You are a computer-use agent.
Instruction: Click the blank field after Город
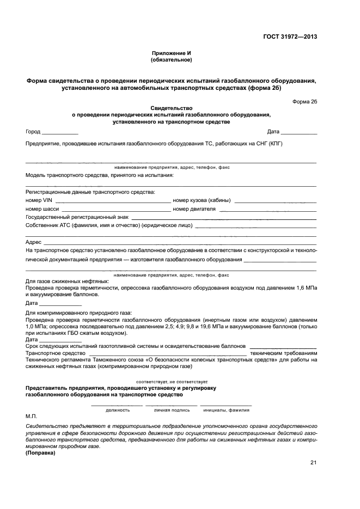tap(60, 132)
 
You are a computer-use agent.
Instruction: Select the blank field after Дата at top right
tap(299, 132)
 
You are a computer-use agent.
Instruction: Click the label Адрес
tap(33, 242)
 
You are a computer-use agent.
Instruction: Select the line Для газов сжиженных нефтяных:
tap(67, 281)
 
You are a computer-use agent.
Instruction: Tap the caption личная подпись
tap(172, 410)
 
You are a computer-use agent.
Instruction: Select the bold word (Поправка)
tap(44, 452)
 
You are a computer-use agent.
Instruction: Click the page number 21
tap(313, 463)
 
